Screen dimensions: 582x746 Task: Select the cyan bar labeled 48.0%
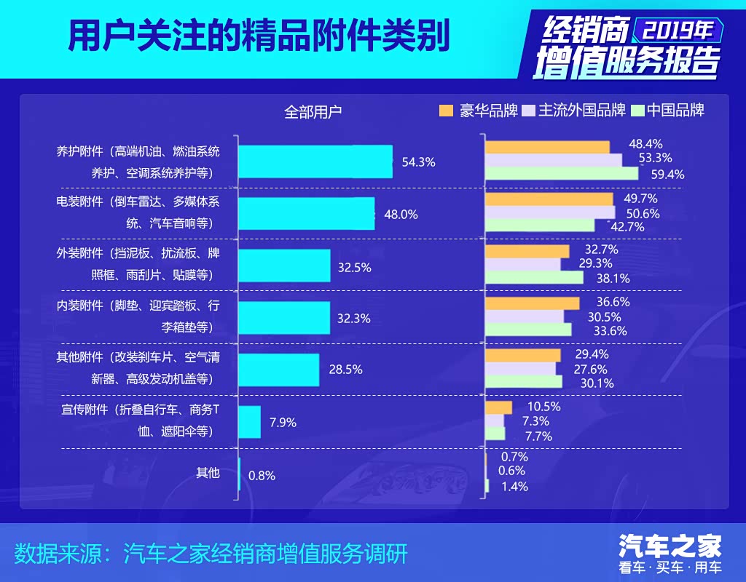click(x=307, y=214)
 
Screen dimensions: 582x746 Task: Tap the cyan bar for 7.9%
click(x=250, y=422)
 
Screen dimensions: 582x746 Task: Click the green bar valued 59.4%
click(x=562, y=174)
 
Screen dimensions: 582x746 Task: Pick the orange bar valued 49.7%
click(x=549, y=199)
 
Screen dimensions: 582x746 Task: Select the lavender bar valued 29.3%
click(x=523, y=263)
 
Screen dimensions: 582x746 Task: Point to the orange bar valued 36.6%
click(x=533, y=303)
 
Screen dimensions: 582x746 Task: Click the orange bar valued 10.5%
click(x=499, y=407)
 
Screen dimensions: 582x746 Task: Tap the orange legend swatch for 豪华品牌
click(x=446, y=111)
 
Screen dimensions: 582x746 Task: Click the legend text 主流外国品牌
click(x=582, y=111)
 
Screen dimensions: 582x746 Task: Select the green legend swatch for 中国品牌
click(x=638, y=111)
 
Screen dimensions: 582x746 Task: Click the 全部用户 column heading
click(x=313, y=112)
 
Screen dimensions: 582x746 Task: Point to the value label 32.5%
click(x=355, y=267)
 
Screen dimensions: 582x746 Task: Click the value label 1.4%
click(x=515, y=487)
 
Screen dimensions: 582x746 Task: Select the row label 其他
click(x=208, y=473)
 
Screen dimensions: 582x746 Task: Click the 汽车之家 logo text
click(x=670, y=545)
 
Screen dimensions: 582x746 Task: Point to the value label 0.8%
click(x=262, y=476)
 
